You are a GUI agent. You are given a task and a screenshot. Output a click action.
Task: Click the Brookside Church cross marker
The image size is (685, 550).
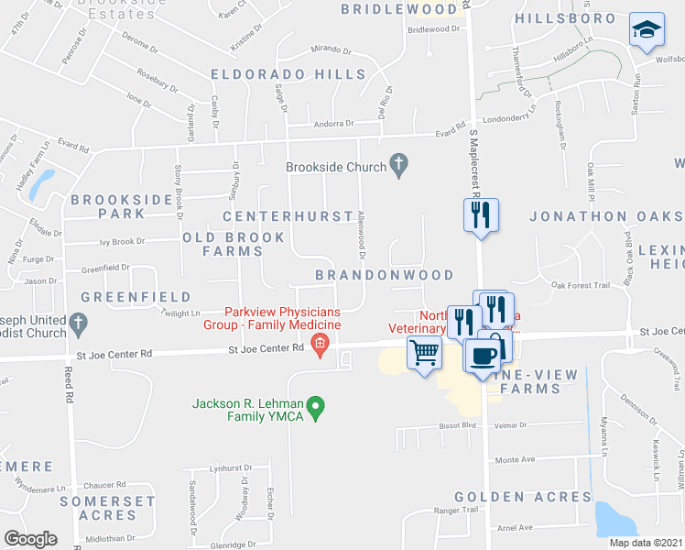[397, 167]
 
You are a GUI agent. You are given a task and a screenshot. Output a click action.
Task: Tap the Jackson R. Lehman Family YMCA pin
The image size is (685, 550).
[316, 404]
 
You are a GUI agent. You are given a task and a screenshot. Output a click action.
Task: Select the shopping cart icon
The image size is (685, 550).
[424, 352]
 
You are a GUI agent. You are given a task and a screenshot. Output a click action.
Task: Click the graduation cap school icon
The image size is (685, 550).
[647, 30]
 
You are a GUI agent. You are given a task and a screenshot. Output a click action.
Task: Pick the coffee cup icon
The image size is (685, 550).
[482, 356]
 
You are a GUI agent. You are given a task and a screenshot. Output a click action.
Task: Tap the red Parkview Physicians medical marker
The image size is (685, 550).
[320, 346]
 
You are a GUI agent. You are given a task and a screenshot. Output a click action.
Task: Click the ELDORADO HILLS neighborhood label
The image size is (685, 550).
[288, 74]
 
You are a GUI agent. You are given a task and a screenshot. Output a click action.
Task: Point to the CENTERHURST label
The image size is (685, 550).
[288, 216]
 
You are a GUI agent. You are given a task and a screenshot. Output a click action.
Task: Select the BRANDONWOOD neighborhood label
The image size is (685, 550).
[385, 275]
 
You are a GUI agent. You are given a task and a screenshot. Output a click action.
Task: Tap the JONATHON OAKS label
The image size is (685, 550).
[604, 217]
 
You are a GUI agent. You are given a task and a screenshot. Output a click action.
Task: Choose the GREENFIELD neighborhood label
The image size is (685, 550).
[136, 297]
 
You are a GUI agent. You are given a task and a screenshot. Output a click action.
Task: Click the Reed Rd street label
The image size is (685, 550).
[69, 386]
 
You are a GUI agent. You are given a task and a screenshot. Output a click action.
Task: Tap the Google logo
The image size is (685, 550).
[30, 539]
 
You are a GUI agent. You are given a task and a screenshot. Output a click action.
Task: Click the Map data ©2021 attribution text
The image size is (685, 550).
[647, 543]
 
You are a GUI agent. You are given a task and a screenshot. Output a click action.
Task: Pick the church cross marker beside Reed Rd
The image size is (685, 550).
[78, 324]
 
